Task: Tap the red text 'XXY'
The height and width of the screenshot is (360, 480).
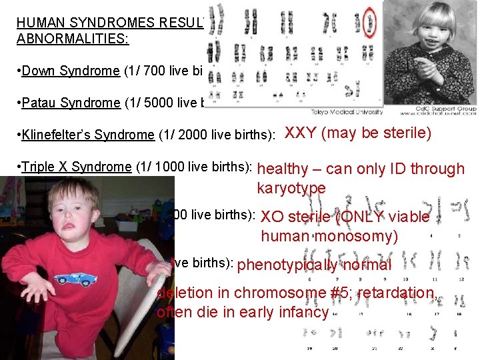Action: tap(301, 133)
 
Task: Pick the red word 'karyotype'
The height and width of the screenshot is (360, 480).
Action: tap(291, 189)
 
